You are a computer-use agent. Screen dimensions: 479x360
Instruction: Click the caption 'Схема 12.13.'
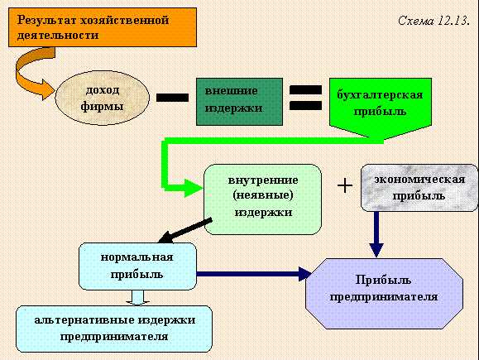433,21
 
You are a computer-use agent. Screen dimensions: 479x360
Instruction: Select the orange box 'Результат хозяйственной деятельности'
103,27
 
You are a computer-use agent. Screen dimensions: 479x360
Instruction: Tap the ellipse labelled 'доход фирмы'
102,98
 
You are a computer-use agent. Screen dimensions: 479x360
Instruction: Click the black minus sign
172,98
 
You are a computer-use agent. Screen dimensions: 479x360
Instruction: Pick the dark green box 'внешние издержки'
239,102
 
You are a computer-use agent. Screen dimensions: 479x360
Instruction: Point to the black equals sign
305,98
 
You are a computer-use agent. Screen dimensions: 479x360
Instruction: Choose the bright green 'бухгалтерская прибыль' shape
381,108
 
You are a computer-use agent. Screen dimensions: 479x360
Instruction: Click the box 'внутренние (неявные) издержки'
263,199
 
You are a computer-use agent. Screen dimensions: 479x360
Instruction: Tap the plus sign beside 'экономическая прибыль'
345,185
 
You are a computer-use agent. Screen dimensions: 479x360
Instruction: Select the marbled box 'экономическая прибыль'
419,188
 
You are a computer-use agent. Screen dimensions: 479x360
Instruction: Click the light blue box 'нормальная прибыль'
137,266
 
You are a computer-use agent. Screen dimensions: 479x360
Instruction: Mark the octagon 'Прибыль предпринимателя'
385,294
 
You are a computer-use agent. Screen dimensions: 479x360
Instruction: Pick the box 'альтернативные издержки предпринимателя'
114,329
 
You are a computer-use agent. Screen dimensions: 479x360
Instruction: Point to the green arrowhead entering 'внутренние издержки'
194,188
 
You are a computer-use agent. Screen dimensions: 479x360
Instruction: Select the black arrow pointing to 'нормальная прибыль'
185,230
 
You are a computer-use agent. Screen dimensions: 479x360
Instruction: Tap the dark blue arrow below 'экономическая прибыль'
376,234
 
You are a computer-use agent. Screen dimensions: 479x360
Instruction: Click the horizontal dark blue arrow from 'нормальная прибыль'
254,273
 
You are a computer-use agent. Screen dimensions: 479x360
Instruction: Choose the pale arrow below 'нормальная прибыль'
137,298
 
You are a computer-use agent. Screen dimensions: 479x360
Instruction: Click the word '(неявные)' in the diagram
263,195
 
